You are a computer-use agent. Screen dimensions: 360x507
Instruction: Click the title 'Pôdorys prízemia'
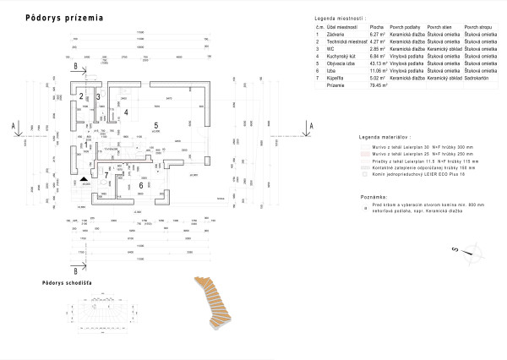click(66, 16)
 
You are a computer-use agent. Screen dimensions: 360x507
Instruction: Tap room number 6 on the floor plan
click(140, 185)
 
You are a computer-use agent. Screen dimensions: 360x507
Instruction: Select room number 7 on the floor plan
click(106, 177)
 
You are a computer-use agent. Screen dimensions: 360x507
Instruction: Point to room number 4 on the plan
click(126, 112)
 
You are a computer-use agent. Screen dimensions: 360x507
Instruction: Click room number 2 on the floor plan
click(81, 96)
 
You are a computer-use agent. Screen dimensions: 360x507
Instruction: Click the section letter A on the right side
click(311, 125)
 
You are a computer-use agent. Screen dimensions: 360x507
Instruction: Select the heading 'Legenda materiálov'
click(384, 135)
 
